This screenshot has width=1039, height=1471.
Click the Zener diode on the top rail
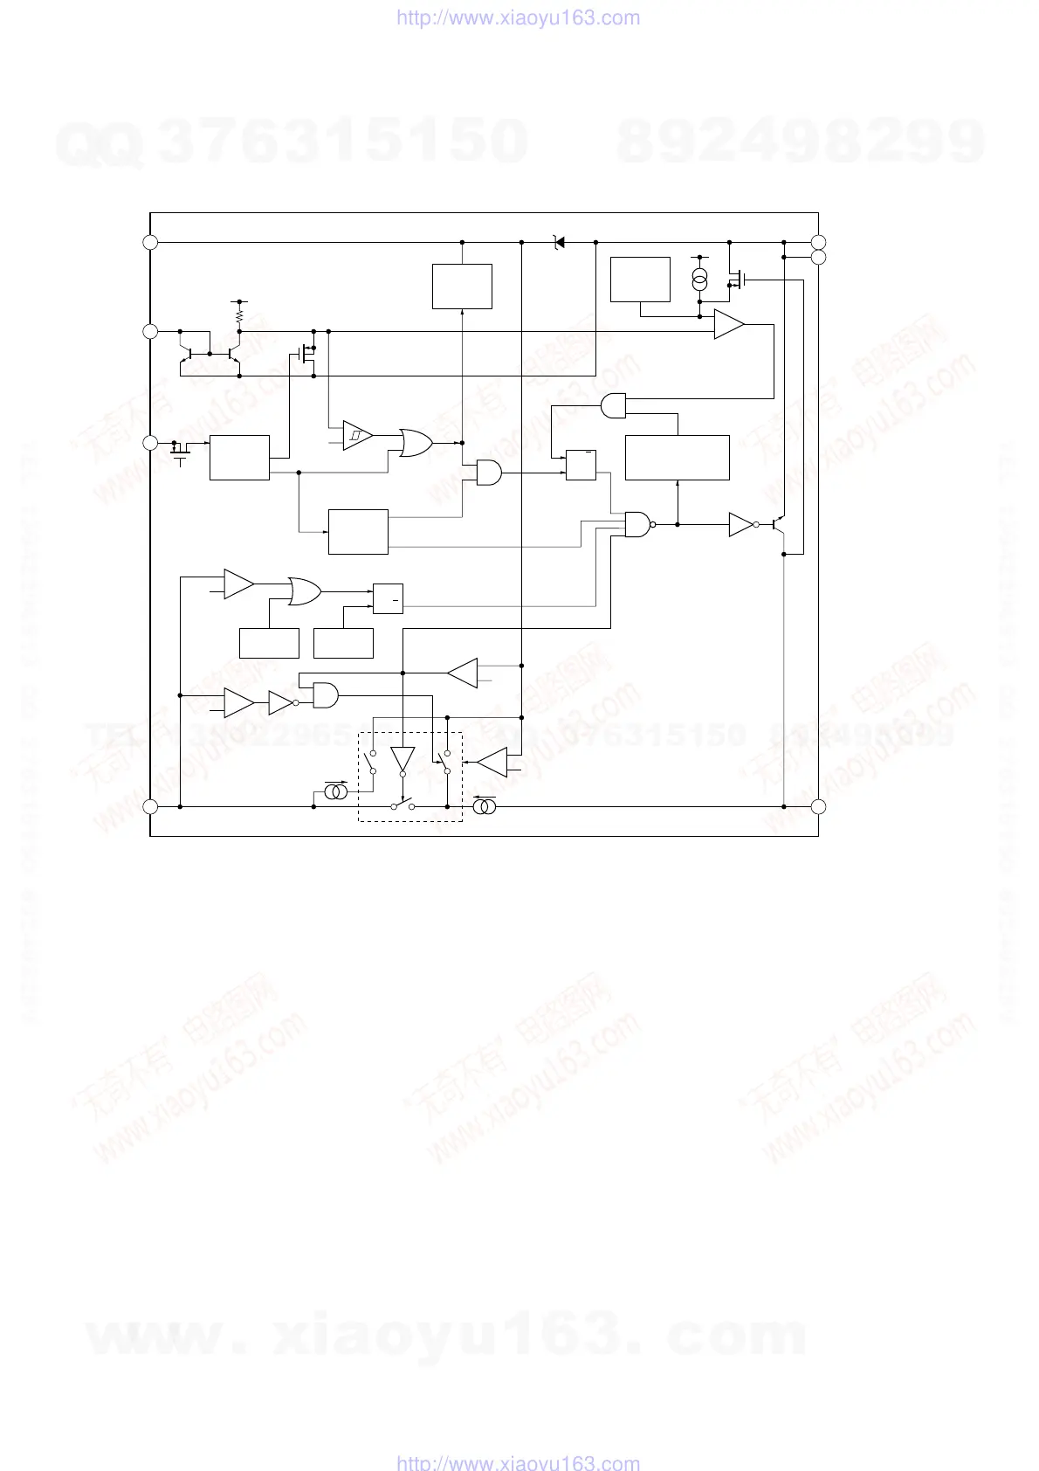point(559,242)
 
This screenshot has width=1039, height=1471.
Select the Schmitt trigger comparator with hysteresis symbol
point(357,434)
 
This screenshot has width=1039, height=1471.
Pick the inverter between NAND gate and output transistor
point(741,524)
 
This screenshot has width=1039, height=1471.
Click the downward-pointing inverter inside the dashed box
point(403,759)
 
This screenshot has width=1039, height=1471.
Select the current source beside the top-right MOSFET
point(699,280)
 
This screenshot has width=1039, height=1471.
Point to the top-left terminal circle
point(150,242)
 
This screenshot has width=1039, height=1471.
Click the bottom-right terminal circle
point(818,806)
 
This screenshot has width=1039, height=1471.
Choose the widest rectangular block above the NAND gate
point(678,457)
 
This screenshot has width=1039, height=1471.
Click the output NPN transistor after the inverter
point(780,524)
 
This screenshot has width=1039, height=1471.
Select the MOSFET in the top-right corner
point(737,280)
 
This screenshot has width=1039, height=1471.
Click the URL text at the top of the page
point(518,17)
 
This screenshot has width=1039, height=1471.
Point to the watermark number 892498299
point(801,142)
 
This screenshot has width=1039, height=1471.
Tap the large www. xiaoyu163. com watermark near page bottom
point(446,1337)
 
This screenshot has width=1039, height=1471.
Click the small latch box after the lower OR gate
point(388,598)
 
